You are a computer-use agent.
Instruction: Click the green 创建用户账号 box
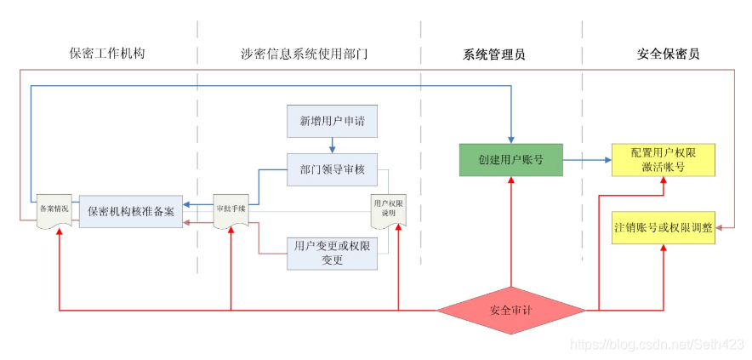[510, 159]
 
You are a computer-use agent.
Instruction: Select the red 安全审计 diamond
[510, 310]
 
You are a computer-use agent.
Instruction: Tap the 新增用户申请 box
[332, 121]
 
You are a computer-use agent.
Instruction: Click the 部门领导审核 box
[332, 169]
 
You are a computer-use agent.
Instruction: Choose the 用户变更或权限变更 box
[332, 253]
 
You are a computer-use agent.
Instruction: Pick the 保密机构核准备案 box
[131, 211]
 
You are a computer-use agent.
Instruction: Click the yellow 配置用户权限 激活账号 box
[663, 159]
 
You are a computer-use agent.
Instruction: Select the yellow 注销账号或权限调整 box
[663, 228]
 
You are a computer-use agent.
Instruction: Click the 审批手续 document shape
[230, 210]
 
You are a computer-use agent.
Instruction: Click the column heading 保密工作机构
[107, 53]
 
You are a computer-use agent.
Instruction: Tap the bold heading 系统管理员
[493, 54]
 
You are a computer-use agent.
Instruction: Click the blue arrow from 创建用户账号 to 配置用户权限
[587, 159]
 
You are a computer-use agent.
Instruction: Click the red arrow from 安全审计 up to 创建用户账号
[510, 230]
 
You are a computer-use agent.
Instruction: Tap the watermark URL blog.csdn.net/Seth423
[656, 343]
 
